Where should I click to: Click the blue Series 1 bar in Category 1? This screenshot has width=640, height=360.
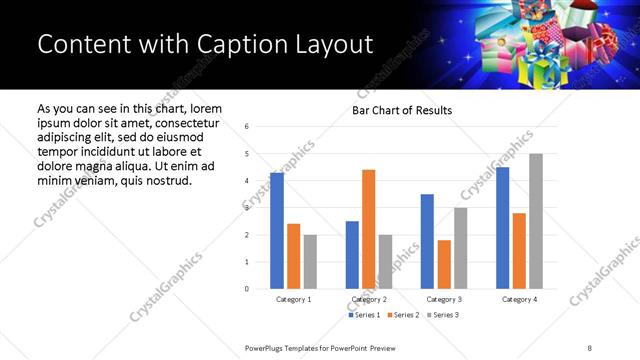coord(277,231)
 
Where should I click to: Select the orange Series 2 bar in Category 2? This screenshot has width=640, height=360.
coord(368,229)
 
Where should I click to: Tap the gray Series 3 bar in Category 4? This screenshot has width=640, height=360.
coord(535,221)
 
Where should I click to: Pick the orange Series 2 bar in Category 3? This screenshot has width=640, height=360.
coord(444,264)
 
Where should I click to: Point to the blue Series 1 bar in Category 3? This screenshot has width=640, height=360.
coord(427,241)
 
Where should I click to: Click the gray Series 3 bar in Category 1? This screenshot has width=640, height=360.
coord(310,262)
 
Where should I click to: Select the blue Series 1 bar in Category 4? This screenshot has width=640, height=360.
coord(502,228)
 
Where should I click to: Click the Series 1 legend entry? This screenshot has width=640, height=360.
coord(362,315)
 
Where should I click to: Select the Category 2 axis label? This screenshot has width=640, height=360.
coord(368,299)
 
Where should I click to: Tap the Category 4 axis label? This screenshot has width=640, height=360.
coord(519,299)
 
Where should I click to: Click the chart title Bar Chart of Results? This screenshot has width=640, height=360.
coord(402,110)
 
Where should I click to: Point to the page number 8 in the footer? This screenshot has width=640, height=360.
coord(589,347)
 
